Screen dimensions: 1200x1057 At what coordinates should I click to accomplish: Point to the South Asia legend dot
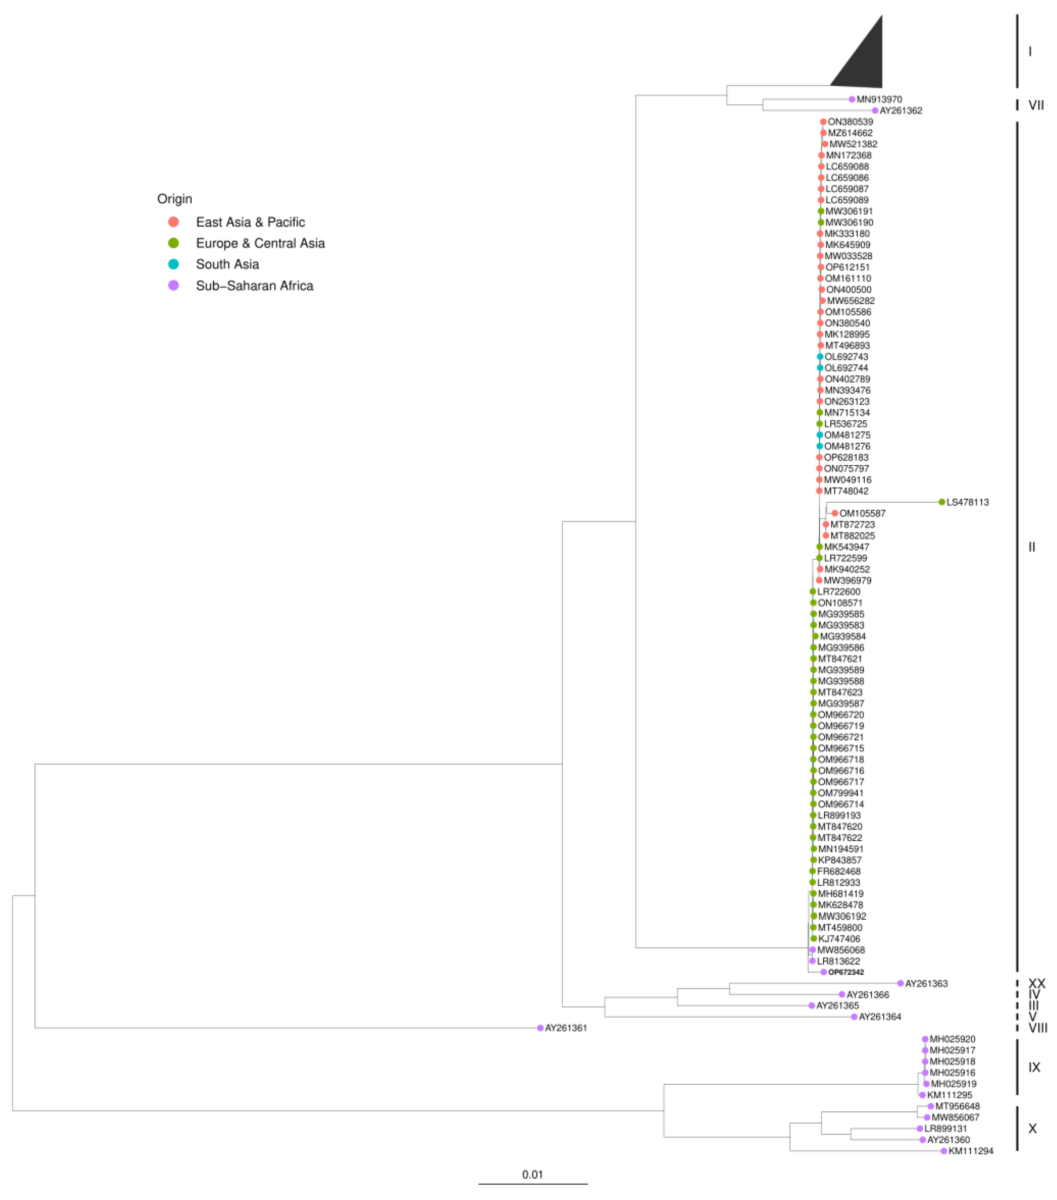pos(173,264)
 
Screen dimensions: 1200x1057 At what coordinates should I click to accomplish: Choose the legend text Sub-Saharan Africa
pos(254,286)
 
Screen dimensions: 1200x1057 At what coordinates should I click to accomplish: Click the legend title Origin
pos(175,199)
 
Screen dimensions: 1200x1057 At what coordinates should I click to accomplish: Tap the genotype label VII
pos(1036,105)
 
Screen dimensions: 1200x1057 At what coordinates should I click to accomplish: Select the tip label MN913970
pos(879,99)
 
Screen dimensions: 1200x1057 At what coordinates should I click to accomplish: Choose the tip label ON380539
pos(850,122)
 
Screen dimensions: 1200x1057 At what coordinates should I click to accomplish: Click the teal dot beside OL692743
pos(820,356)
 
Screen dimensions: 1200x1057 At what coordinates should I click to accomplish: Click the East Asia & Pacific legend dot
pos(173,222)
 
